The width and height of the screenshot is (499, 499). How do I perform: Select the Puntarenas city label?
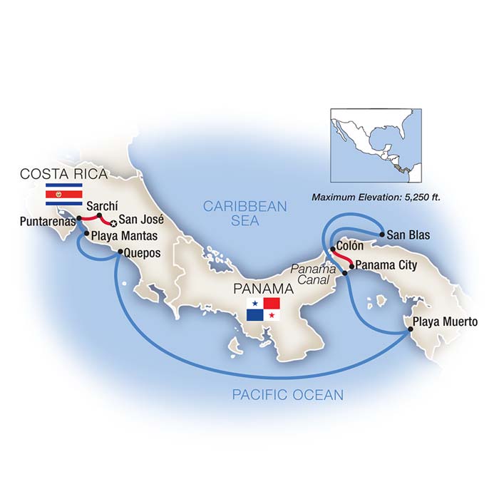(x=44, y=220)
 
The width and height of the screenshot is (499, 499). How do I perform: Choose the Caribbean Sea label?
(x=245, y=214)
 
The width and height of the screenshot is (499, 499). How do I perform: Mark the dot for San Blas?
(x=383, y=234)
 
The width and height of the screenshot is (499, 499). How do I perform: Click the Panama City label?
(x=386, y=266)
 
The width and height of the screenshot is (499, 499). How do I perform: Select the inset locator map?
(x=381, y=147)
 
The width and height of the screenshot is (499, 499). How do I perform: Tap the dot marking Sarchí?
(x=100, y=215)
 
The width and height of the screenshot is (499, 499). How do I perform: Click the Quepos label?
(x=142, y=252)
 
